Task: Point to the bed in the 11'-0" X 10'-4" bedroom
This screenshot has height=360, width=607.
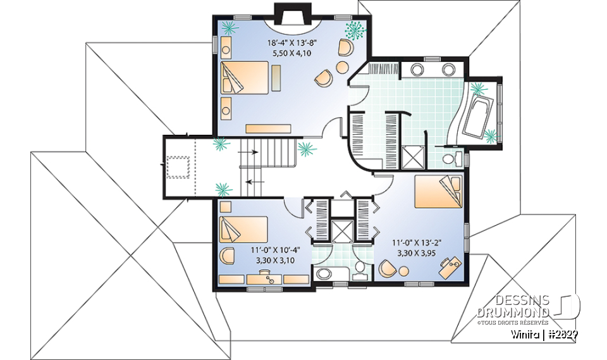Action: (x=243, y=230)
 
